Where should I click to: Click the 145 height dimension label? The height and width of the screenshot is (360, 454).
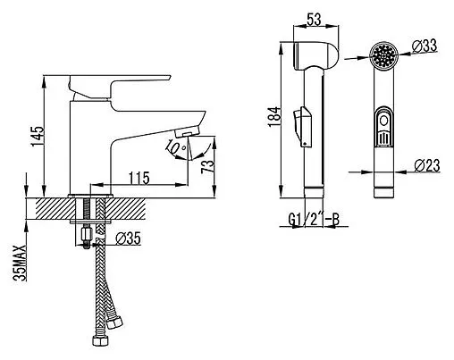(x=38, y=137)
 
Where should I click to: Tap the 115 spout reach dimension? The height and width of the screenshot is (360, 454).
(x=139, y=178)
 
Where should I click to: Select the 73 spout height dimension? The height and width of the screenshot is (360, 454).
(x=207, y=167)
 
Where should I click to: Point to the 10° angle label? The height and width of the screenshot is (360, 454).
(x=176, y=147)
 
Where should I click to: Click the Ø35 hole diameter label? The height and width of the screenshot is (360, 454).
(x=128, y=239)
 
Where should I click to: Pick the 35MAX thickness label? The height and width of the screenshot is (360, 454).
(x=20, y=264)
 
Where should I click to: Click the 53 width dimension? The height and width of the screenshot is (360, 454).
(x=315, y=20)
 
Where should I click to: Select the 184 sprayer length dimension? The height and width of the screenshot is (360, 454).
(x=274, y=117)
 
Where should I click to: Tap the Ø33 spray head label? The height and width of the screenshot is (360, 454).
(x=425, y=46)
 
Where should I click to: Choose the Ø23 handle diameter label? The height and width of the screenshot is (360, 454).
(x=427, y=165)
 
